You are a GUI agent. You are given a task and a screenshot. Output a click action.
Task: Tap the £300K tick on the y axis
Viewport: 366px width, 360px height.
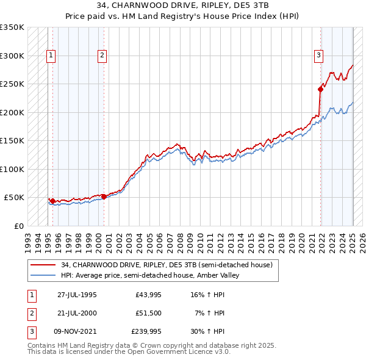[12, 56]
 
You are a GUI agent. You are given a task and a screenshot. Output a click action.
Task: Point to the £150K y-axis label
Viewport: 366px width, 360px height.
[12, 140]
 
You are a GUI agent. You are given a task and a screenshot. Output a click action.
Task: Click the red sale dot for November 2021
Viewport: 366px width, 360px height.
[320, 89]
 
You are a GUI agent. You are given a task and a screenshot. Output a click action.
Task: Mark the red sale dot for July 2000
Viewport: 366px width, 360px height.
[104, 196]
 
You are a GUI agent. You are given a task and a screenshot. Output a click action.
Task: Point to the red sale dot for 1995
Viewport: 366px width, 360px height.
[53, 201]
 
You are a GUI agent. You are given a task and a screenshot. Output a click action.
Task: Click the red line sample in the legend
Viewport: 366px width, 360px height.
[43, 265]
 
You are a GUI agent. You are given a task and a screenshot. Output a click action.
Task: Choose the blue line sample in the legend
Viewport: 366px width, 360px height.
[43, 275]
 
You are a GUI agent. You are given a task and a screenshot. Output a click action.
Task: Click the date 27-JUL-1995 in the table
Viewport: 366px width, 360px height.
[77, 295]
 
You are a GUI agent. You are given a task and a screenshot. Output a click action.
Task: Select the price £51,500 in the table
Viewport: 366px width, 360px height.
[149, 313]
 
